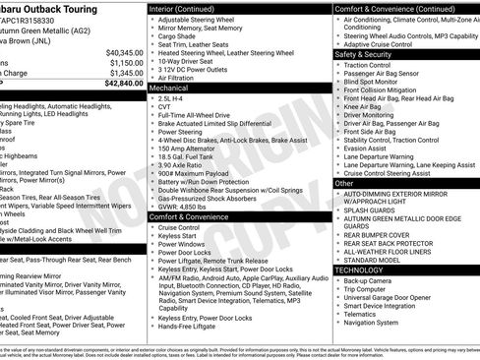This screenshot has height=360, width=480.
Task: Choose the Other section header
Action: [x=345, y=183]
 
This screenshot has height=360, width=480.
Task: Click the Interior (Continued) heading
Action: [x=190, y=8]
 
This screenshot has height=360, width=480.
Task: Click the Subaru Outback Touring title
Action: [x=59, y=8]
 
